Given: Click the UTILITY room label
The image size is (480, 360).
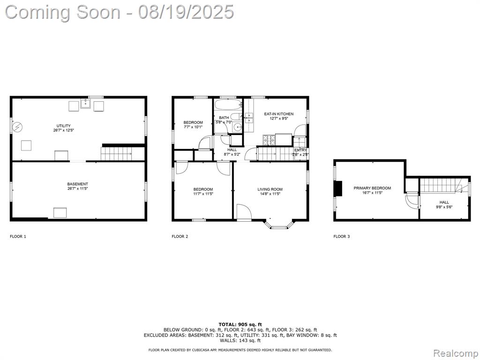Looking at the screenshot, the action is pos(64,126).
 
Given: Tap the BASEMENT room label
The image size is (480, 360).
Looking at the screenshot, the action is pos(77,184).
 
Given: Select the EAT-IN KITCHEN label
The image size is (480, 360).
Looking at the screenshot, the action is pos(278,114).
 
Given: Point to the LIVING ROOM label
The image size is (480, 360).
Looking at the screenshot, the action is pos(270,189).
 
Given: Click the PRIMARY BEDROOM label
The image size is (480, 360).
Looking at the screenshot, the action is pos(372,188).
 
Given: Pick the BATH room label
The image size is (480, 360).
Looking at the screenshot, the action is pos(224,118).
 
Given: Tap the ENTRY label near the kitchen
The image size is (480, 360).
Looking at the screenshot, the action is pos(300,150).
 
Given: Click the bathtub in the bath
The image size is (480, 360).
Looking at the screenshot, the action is pos(228,105).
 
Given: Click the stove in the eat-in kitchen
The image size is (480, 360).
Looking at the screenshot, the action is pos(269,140).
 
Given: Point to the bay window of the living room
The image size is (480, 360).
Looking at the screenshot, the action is pos(278,225).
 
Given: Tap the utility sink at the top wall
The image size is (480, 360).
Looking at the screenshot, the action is pos(86,104).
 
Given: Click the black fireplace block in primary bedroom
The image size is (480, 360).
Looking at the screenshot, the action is pos(338,188).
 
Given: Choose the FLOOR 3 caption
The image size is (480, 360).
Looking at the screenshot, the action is pos(342,236).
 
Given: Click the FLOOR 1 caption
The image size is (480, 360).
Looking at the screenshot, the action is pos(18,236).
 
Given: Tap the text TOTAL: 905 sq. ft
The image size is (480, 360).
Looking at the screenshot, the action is pos(240,324).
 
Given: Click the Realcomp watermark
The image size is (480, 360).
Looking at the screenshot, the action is pos(455,353).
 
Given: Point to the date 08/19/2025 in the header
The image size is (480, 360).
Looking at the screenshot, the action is pos(186,12).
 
